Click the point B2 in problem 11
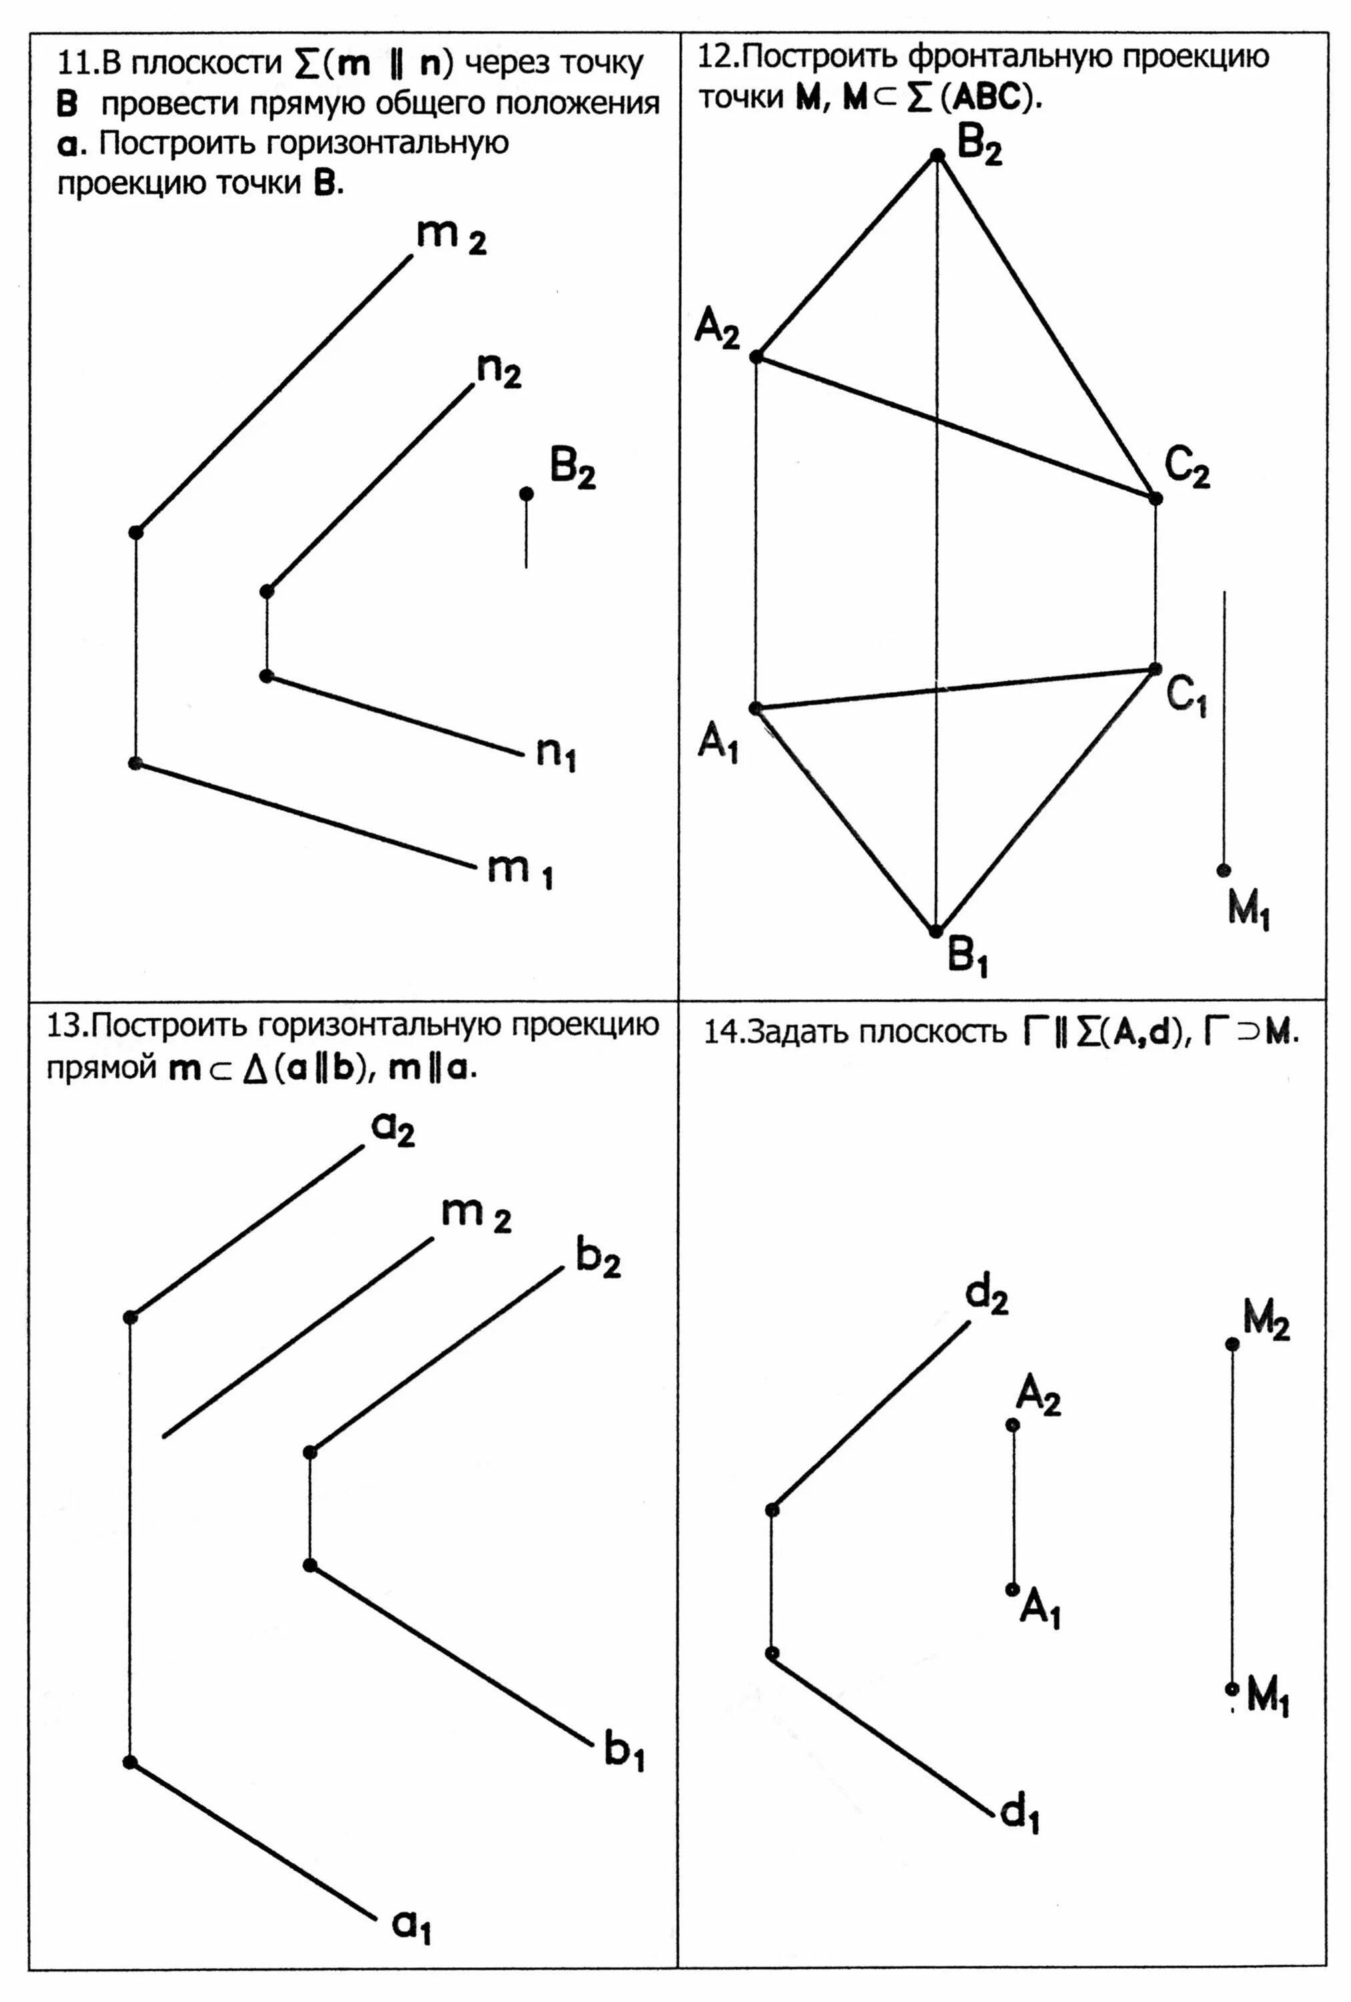pyautogui.click(x=526, y=492)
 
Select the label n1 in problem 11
pyautogui.click(x=555, y=754)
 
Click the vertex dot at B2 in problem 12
pyautogui.click(x=937, y=155)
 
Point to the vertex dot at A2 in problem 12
pyautogui.click(x=756, y=356)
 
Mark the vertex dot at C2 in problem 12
pyautogui.click(x=1156, y=498)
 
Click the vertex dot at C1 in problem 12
pyautogui.click(x=1156, y=669)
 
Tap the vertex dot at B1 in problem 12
pyautogui.click(x=935, y=931)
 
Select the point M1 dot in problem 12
pyautogui.click(x=1224, y=871)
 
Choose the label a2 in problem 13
pyautogui.click(x=393, y=1128)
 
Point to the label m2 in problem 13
pyautogui.click(x=475, y=1215)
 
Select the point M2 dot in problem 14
pyautogui.click(x=1232, y=1344)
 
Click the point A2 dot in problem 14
pyautogui.click(x=1013, y=1425)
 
